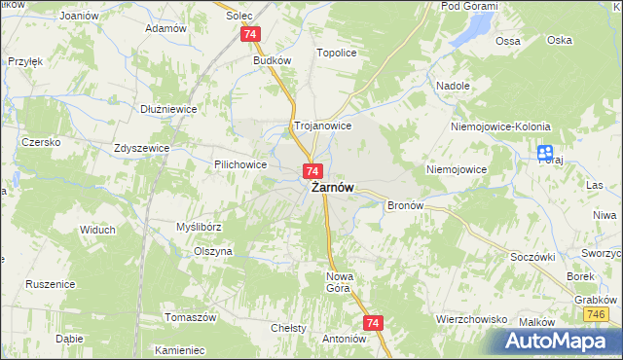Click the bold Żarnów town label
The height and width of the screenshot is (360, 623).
point(332,189)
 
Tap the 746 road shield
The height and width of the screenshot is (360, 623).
point(595,315)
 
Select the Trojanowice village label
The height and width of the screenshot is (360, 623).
point(322,126)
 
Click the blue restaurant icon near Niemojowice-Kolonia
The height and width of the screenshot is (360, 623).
point(544,153)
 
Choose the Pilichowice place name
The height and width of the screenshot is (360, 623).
point(240,165)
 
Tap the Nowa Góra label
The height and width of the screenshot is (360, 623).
point(337,282)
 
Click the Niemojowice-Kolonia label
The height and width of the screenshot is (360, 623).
point(501,127)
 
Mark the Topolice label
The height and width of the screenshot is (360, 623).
point(332,54)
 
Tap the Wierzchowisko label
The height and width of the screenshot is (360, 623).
point(473,318)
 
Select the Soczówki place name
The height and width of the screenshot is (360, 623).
point(531,257)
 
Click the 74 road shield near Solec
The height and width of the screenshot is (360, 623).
point(251,34)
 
